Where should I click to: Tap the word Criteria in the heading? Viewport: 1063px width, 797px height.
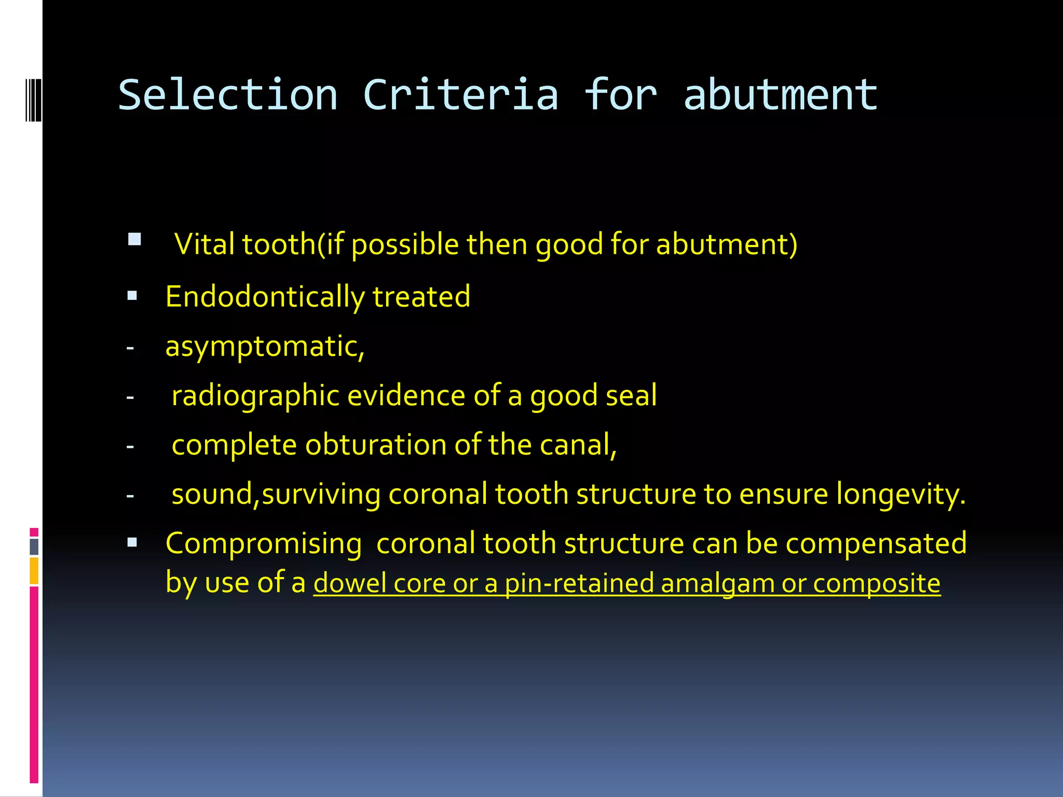pos(460,95)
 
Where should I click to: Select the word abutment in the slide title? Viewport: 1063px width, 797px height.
pos(780,95)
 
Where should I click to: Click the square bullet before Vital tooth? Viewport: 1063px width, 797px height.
pos(134,239)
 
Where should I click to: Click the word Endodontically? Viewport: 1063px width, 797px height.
pos(265,297)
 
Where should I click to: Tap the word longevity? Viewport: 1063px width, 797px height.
pos(901,494)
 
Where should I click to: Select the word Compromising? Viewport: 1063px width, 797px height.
pos(264,544)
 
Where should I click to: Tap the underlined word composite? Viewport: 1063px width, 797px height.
pos(876,583)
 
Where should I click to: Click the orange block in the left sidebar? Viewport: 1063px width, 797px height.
pos(34,571)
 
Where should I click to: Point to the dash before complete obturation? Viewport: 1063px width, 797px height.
pos(130,446)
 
